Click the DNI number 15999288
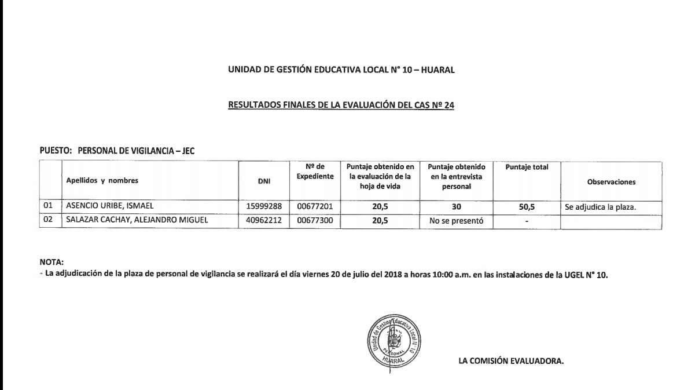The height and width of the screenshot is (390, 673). coord(264,205)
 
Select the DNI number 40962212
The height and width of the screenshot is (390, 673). coord(264,220)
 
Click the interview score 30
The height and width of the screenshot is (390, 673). coord(455,205)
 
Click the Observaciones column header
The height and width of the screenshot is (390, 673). coord(611,181)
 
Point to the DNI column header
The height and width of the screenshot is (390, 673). coord(264,181)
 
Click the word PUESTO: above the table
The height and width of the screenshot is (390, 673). coord(56,150)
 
